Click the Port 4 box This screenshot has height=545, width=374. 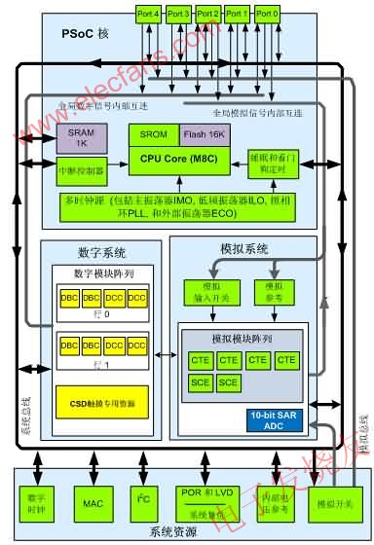coord(148,14)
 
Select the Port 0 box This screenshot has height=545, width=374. coord(266,14)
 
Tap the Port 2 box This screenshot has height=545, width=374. coord(206,14)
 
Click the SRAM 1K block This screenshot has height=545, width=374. coord(88,138)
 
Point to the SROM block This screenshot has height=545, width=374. coord(153,137)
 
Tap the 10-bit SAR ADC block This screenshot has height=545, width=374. coord(275,420)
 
